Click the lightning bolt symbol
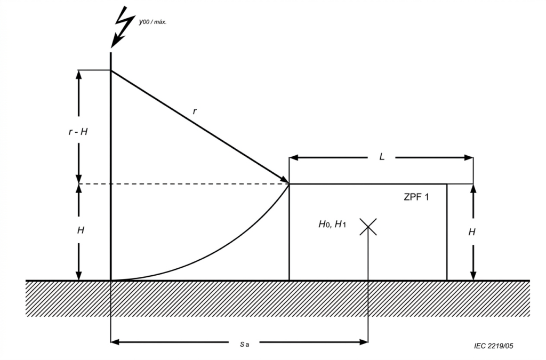click(123, 27)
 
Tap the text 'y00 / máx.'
click(152, 22)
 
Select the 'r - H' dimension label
click(78, 132)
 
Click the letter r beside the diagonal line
click(195, 111)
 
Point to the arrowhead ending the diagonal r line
click(284, 180)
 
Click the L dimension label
click(382, 157)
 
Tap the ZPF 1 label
click(416, 197)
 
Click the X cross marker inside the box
click(368, 227)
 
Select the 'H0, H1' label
click(332, 224)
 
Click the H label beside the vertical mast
click(81, 230)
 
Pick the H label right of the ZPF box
click(472, 232)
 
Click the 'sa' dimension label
click(244, 345)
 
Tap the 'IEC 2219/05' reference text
click(493, 346)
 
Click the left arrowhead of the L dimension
click(294, 158)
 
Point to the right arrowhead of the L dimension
click(468, 158)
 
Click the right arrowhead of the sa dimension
click(363, 342)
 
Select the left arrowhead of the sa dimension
click(116, 342)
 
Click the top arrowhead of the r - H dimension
click(79, 75)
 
